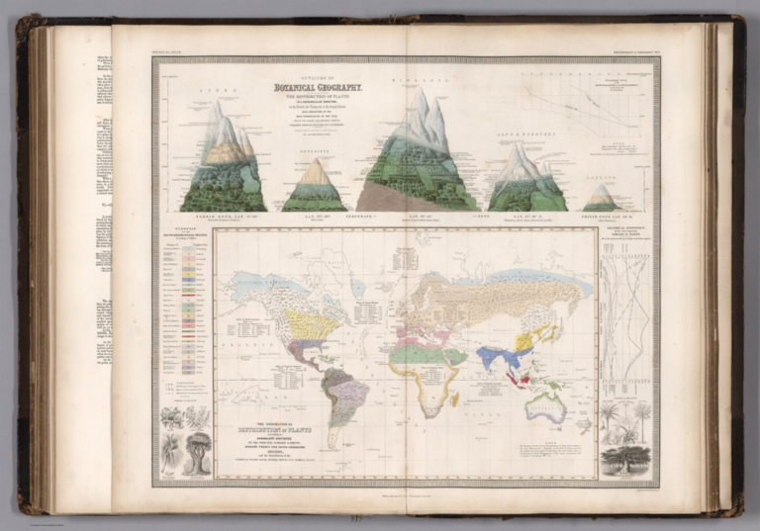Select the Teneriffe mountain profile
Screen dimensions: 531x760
315,188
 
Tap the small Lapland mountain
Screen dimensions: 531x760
601,198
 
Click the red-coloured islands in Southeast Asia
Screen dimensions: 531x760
527,377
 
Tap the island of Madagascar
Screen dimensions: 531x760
454,398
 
